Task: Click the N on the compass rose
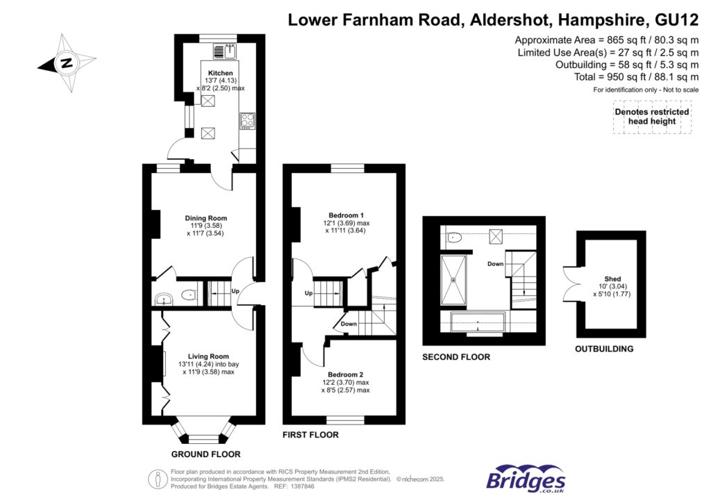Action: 67,63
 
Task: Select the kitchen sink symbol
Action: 226,51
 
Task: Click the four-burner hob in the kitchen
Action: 247,121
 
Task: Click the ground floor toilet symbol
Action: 188,295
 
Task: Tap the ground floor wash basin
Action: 164,299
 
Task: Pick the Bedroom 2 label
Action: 345,374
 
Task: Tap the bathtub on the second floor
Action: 478,322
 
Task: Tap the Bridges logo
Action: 526,479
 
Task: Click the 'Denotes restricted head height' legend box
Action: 652,117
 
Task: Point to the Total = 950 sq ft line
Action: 636,77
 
